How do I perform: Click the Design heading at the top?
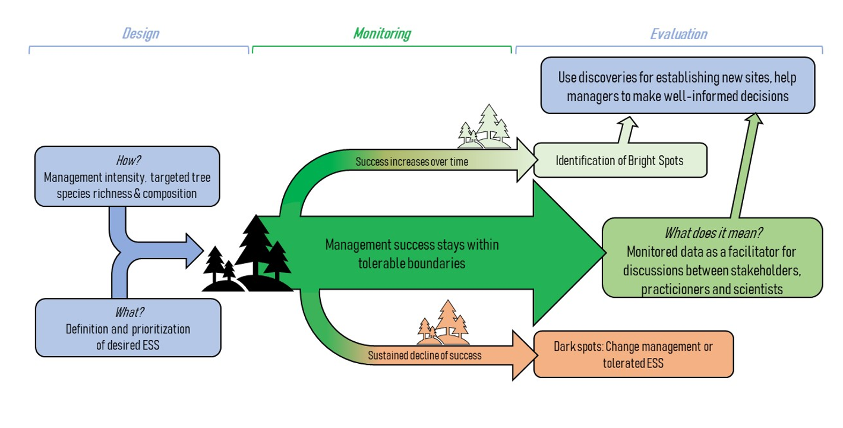click(x=141, y=33)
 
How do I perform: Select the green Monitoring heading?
click(x=382, y=33)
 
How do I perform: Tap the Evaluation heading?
click(x=679, y=34)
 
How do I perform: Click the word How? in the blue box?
click(x=128, y=160)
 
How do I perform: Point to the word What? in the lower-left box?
click(x=128, y=311)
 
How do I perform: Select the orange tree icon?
click(x=443, y=325)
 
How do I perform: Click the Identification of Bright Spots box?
click(x=620, y=160)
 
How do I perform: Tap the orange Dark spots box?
click(x=633, y=354)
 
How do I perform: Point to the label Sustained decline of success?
click(x=424, y=356)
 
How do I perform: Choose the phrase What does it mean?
click(x=712, y=232)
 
